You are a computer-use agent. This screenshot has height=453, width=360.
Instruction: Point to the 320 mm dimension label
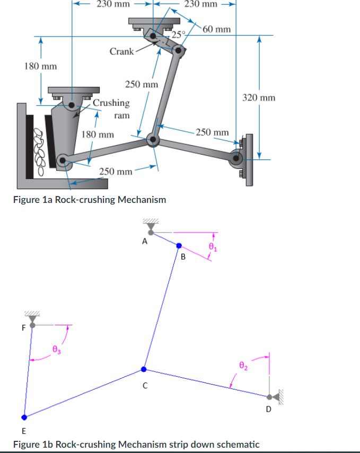click(x=259, y=97)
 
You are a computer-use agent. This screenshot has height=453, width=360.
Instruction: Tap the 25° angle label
click(x=179, y=35)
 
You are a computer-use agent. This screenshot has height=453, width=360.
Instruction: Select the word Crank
click(x=121, y=51)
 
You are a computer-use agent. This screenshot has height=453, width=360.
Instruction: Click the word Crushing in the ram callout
click(x=111, y=102)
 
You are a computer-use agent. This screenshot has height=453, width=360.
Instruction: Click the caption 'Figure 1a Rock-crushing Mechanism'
click(x=89, y=200)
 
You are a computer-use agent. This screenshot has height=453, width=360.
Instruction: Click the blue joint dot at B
click(x=179, y=246)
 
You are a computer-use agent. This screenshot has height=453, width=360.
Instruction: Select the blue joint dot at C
click(x=143, y=369)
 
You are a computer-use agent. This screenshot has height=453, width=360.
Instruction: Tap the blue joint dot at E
click(x=23, y=417)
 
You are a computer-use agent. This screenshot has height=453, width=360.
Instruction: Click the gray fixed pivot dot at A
click(x=151, y=232)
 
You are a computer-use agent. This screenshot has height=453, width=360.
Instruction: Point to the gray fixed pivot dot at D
click(x=270, y=396)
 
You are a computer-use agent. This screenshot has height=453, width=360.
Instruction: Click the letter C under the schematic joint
click(x=144, y=386)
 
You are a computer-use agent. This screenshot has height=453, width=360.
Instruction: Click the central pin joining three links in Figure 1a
click(x=154, y=140)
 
